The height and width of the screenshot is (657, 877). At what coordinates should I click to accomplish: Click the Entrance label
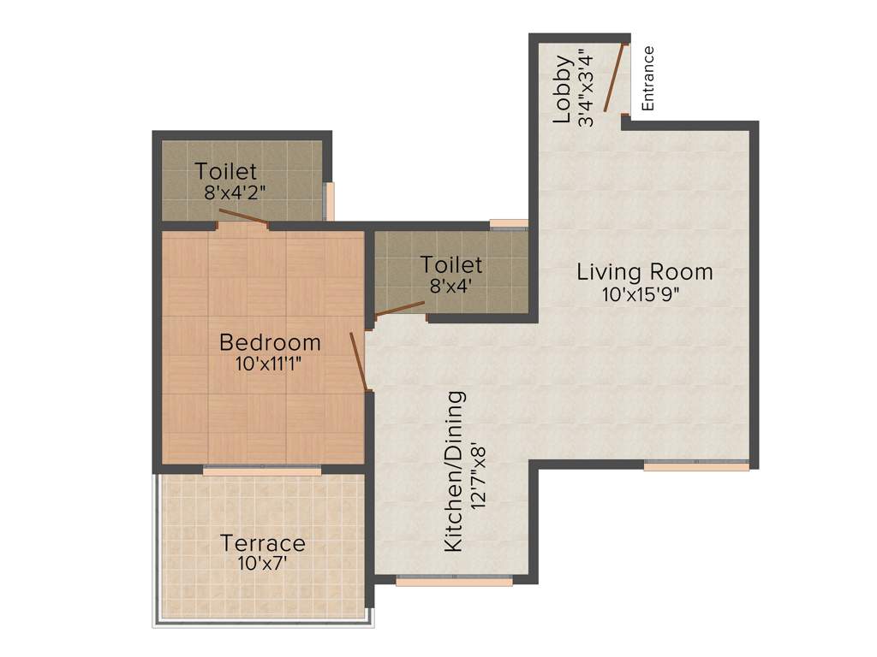click(x=648, y=78)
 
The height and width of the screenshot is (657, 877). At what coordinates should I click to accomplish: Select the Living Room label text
click(x=644, y=272)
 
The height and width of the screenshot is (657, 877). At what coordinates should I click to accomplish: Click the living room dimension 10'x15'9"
click(x=644, y=295)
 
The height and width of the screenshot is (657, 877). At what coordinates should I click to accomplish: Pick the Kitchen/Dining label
click(x=455, y=471)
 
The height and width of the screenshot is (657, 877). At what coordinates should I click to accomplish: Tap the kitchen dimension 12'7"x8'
click(x=479, y=471)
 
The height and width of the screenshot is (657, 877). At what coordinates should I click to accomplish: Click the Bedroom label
click(x=270, y=342)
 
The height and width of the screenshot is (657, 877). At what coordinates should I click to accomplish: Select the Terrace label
click(x=263, y=543)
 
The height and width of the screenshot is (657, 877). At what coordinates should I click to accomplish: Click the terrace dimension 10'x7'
click(x=263, y=564)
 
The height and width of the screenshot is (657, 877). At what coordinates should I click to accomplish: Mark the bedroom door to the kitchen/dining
click(x=360, y=361)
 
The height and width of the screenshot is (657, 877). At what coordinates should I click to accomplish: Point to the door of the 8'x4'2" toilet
click(x=243, y=216)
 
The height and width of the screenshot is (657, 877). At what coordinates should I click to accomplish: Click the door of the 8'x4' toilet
click(x=401, y=309)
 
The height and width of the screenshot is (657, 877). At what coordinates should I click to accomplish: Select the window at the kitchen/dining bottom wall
click(x=454, y=580)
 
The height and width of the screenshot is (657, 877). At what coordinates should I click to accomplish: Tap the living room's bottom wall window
click(x=696, y=465)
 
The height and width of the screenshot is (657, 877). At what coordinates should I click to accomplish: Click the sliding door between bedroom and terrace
click(x=262, y=470)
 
